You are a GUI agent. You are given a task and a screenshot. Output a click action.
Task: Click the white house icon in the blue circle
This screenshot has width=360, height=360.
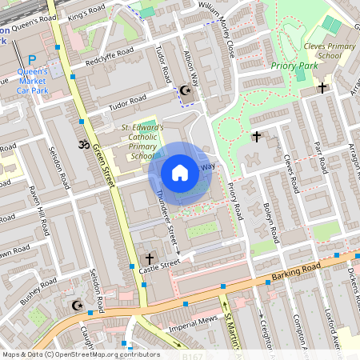180,173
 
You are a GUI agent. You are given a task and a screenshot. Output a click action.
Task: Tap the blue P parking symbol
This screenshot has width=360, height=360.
32,60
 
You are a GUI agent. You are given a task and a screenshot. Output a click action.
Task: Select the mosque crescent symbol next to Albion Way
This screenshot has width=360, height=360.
186,91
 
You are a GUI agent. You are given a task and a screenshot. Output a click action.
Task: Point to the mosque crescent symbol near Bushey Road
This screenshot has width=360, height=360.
77,306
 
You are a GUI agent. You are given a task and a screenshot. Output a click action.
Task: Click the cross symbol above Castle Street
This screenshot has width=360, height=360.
150,258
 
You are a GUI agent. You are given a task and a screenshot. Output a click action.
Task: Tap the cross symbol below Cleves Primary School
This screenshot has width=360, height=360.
322,86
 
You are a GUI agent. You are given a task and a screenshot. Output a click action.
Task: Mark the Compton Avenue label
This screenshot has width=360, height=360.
299,328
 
